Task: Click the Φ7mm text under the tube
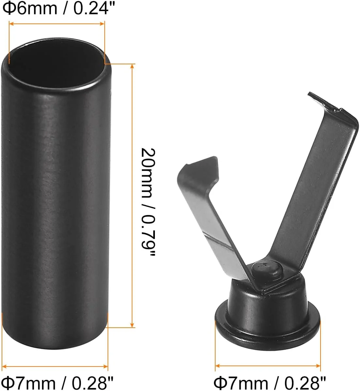[x=29, y=382]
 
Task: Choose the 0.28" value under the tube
[x=92, y=382]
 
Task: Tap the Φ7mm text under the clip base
[x=241, y=382]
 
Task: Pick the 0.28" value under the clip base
[x=305, y=382]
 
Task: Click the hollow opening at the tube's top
[x=56, y=65]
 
